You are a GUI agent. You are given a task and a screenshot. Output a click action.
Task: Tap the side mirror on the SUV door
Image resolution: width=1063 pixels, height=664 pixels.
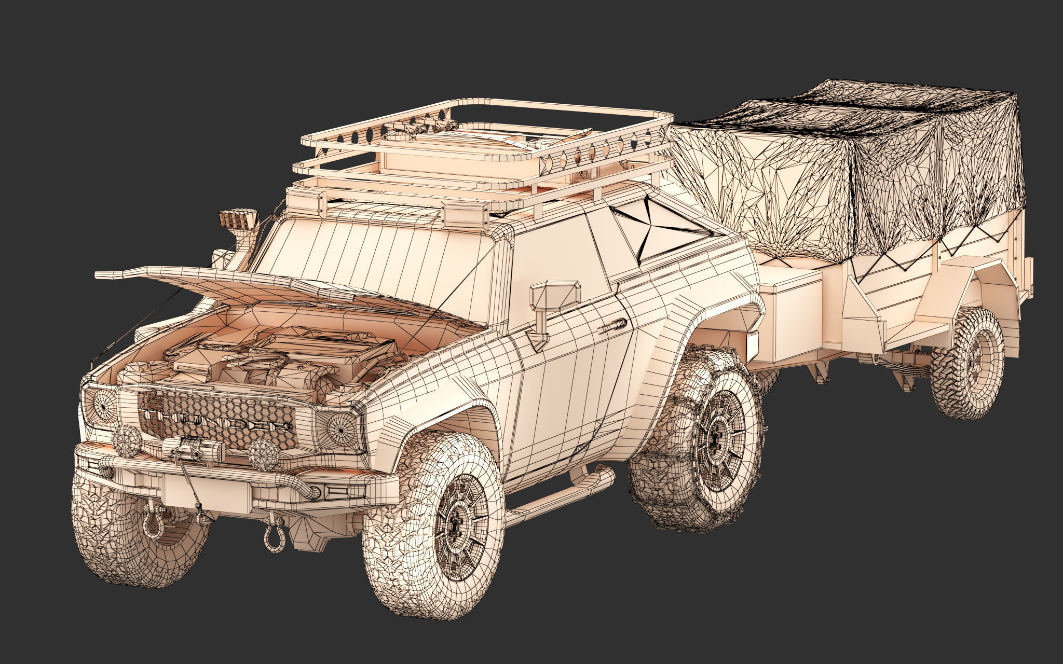[x=554, y=296]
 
